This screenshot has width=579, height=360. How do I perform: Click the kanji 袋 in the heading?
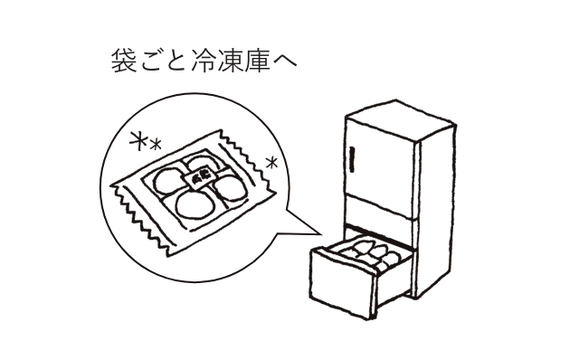point(122,62)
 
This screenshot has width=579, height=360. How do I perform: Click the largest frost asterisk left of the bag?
point(138,141)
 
